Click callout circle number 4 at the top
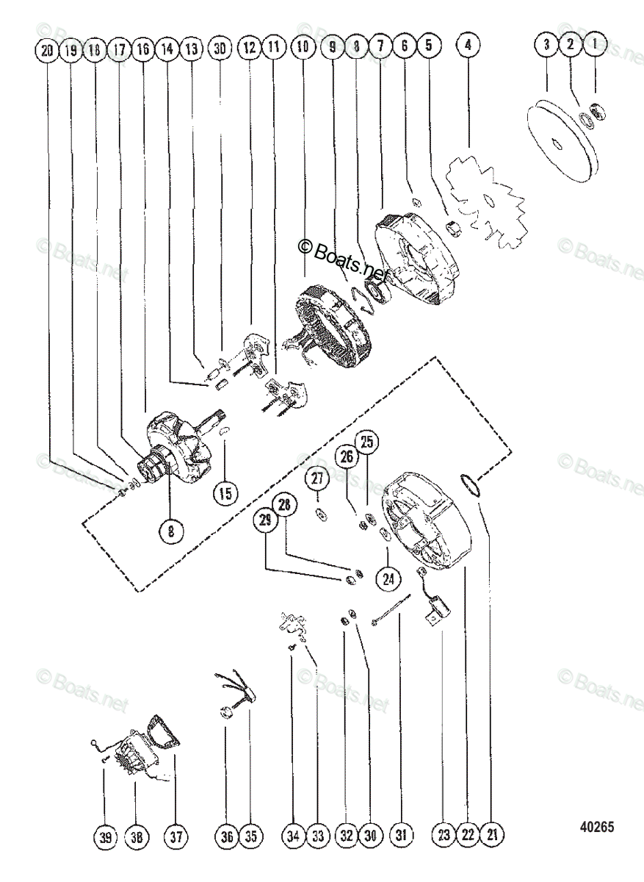468,46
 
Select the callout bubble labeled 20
47,50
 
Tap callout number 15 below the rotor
226,492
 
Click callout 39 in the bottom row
104,836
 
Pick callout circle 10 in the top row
301,46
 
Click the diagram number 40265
596,827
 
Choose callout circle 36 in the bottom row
227,836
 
